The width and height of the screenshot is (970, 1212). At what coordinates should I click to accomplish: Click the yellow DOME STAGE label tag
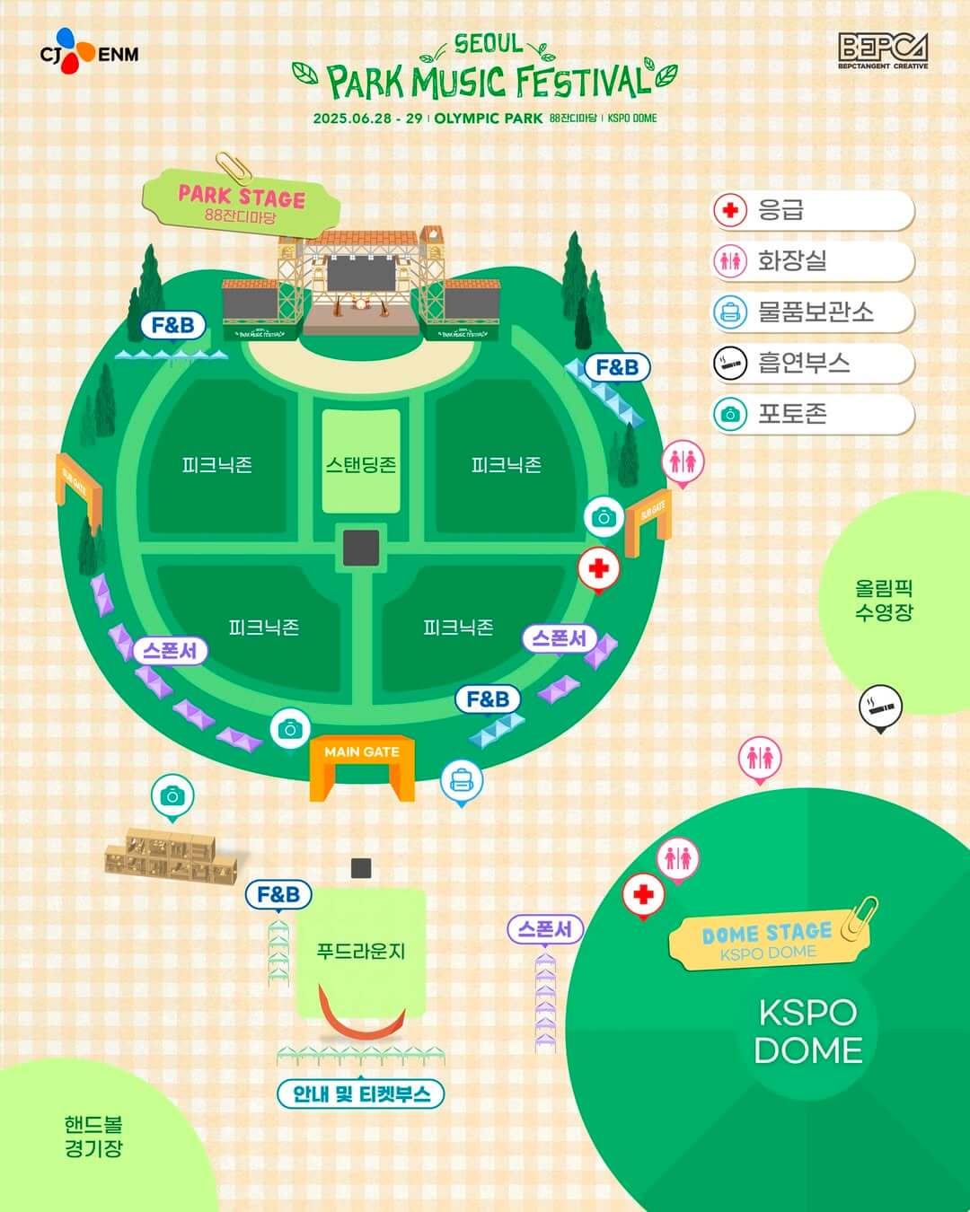[x=767, y=940]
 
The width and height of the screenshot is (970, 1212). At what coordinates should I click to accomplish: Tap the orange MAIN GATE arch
[x=362, y=768]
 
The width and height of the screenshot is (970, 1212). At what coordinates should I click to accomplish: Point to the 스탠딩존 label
[x=361, y=464]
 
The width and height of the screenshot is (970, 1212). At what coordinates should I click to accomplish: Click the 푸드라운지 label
[x=361, y=951]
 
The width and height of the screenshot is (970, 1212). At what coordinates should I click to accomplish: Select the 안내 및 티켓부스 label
[x=361, y=1093]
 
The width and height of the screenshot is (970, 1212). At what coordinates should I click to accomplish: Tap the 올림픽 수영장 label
[x=884, y=601]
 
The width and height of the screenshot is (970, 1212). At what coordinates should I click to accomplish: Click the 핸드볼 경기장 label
[x=93, y=1137]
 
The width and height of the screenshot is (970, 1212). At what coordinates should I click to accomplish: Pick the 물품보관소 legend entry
[x=813, y=312]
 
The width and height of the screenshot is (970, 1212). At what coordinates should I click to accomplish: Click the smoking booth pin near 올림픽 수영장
[x=880, y=707]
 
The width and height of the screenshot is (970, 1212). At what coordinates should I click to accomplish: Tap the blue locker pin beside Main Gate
[x=462, y=781]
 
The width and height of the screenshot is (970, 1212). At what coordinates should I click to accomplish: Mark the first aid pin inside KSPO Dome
[x=643, y=894]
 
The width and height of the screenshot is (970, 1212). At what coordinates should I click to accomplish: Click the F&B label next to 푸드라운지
[x=278, y=894]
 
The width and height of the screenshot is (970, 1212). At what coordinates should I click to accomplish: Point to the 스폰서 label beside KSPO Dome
[x=545, y=928]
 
